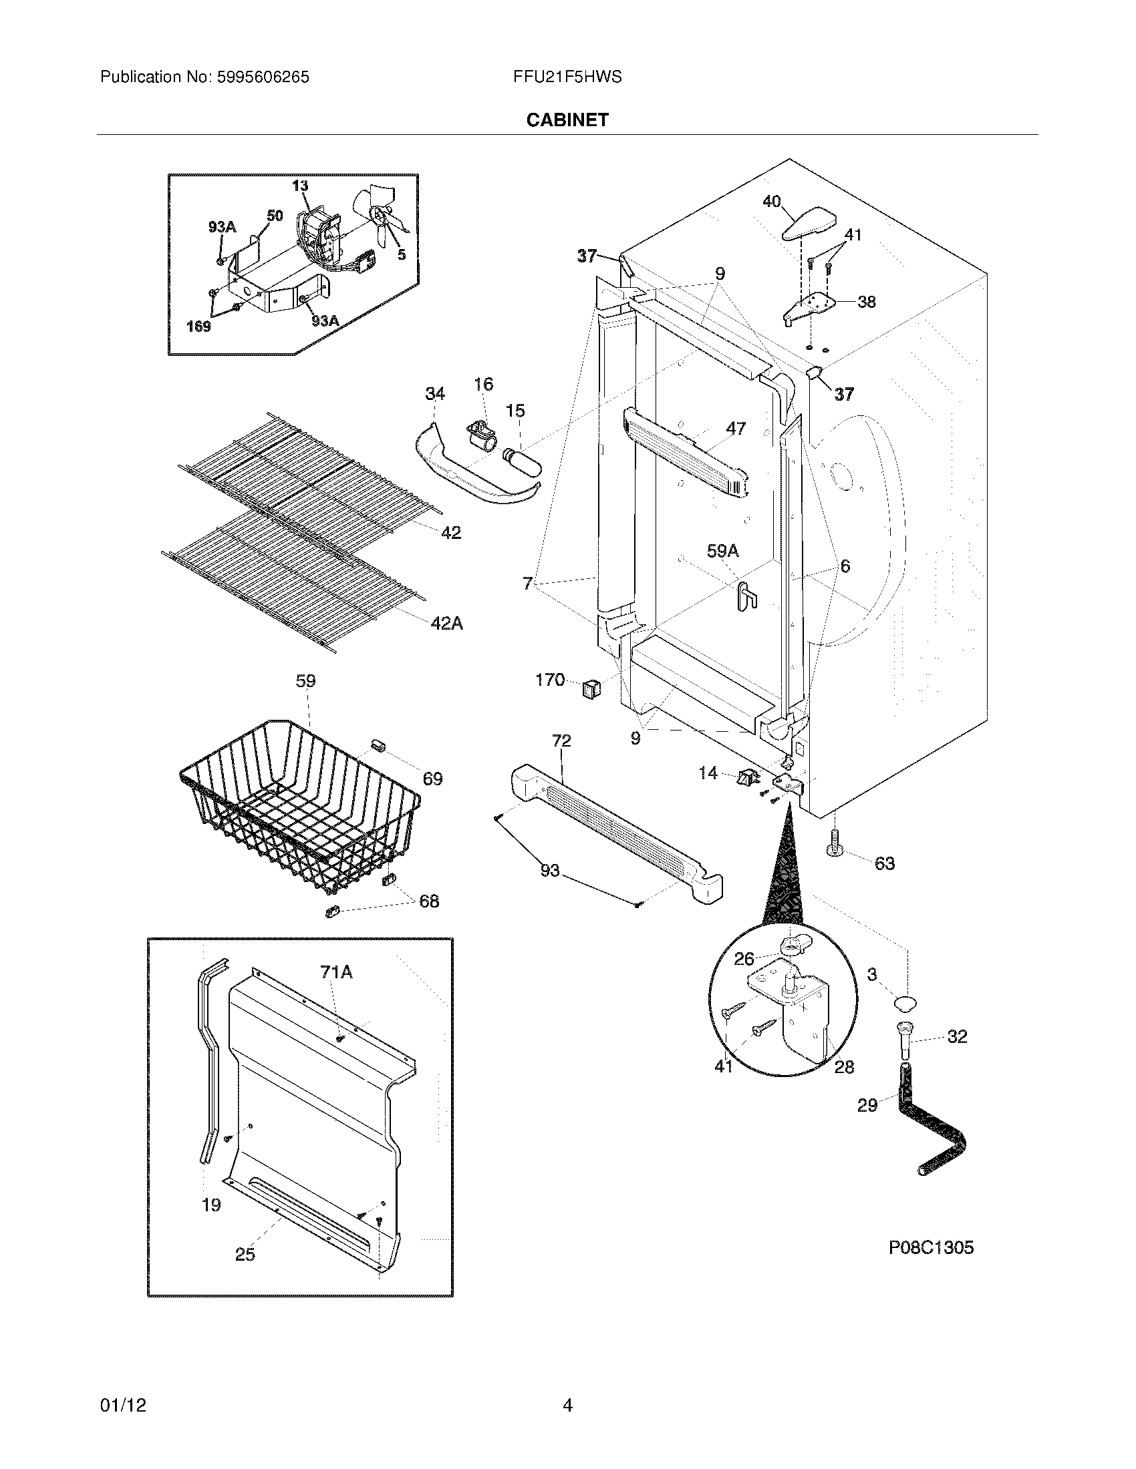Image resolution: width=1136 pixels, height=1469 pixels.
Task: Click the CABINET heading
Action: click(567, 120)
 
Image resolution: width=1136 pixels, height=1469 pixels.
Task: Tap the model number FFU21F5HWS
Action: click(567, 77)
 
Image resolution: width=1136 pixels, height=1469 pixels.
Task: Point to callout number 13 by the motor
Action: click(300, 186)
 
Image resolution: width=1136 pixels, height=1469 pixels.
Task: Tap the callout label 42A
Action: click(447, 624)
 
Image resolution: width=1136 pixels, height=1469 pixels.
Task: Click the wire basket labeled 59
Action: click(299, 807)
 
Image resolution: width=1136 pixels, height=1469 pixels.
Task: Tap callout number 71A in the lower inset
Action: click(336, 972)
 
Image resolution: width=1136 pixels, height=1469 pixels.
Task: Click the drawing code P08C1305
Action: click(931, 1248)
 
